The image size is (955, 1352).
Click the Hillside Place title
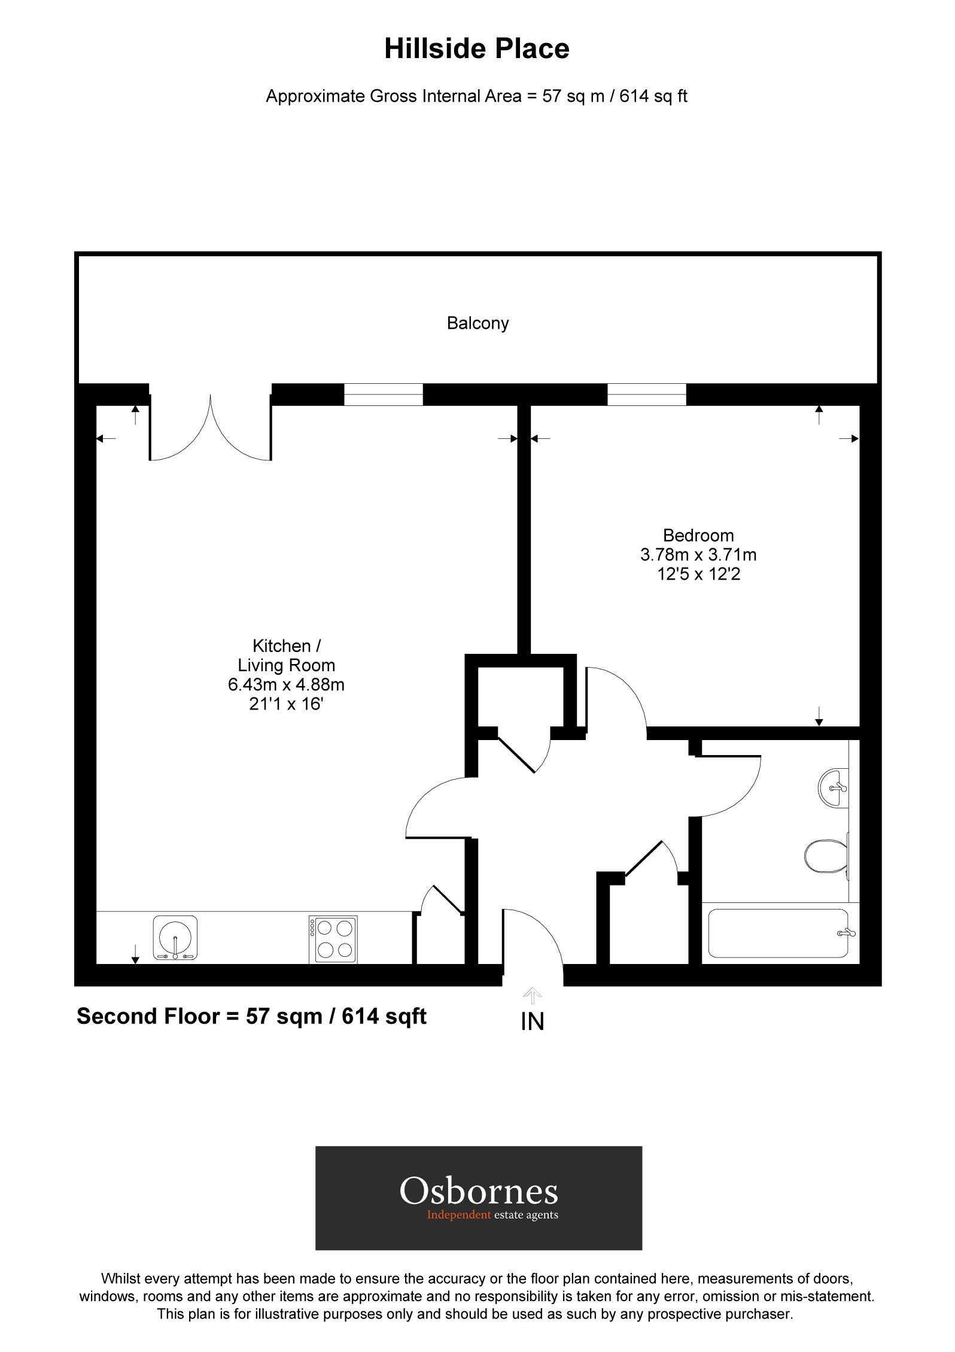coord(476,49)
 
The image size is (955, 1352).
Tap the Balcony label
coord(478,323)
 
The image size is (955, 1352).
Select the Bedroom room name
coord(698,535)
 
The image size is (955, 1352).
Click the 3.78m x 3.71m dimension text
coord(698,554)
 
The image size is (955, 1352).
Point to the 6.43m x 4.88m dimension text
coord(286,684)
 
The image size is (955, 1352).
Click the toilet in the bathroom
coord(826,856)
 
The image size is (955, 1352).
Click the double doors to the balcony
coord(211,428)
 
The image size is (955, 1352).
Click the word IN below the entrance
coord(532,1021)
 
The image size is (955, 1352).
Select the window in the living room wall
coord(383,395)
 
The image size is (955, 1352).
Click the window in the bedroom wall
coord(646,395)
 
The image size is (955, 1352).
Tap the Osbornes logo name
coord(479,1192)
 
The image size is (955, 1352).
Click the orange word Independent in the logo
coord(458,1215)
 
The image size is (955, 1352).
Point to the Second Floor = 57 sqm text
coord(251,1016)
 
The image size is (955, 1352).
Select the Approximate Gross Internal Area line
coord(476,96)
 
